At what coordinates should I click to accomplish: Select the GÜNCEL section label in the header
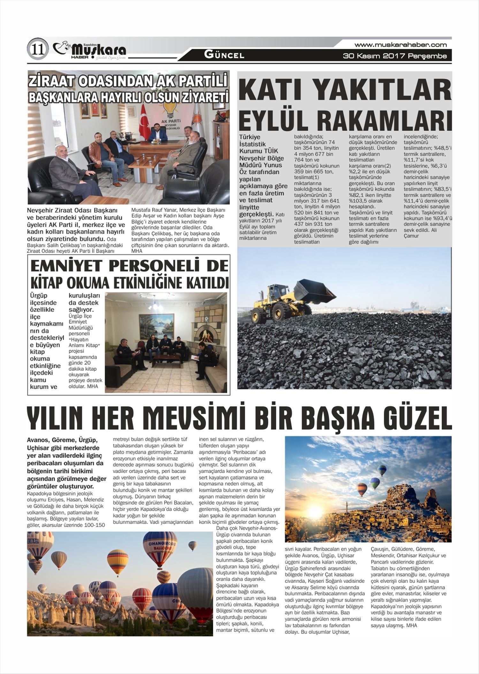pos(224,55)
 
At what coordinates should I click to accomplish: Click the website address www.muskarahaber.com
pos(400,45)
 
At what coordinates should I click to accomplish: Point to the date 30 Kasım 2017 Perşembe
pos(395,56)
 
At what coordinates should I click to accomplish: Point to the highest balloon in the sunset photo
pos(382,470)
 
